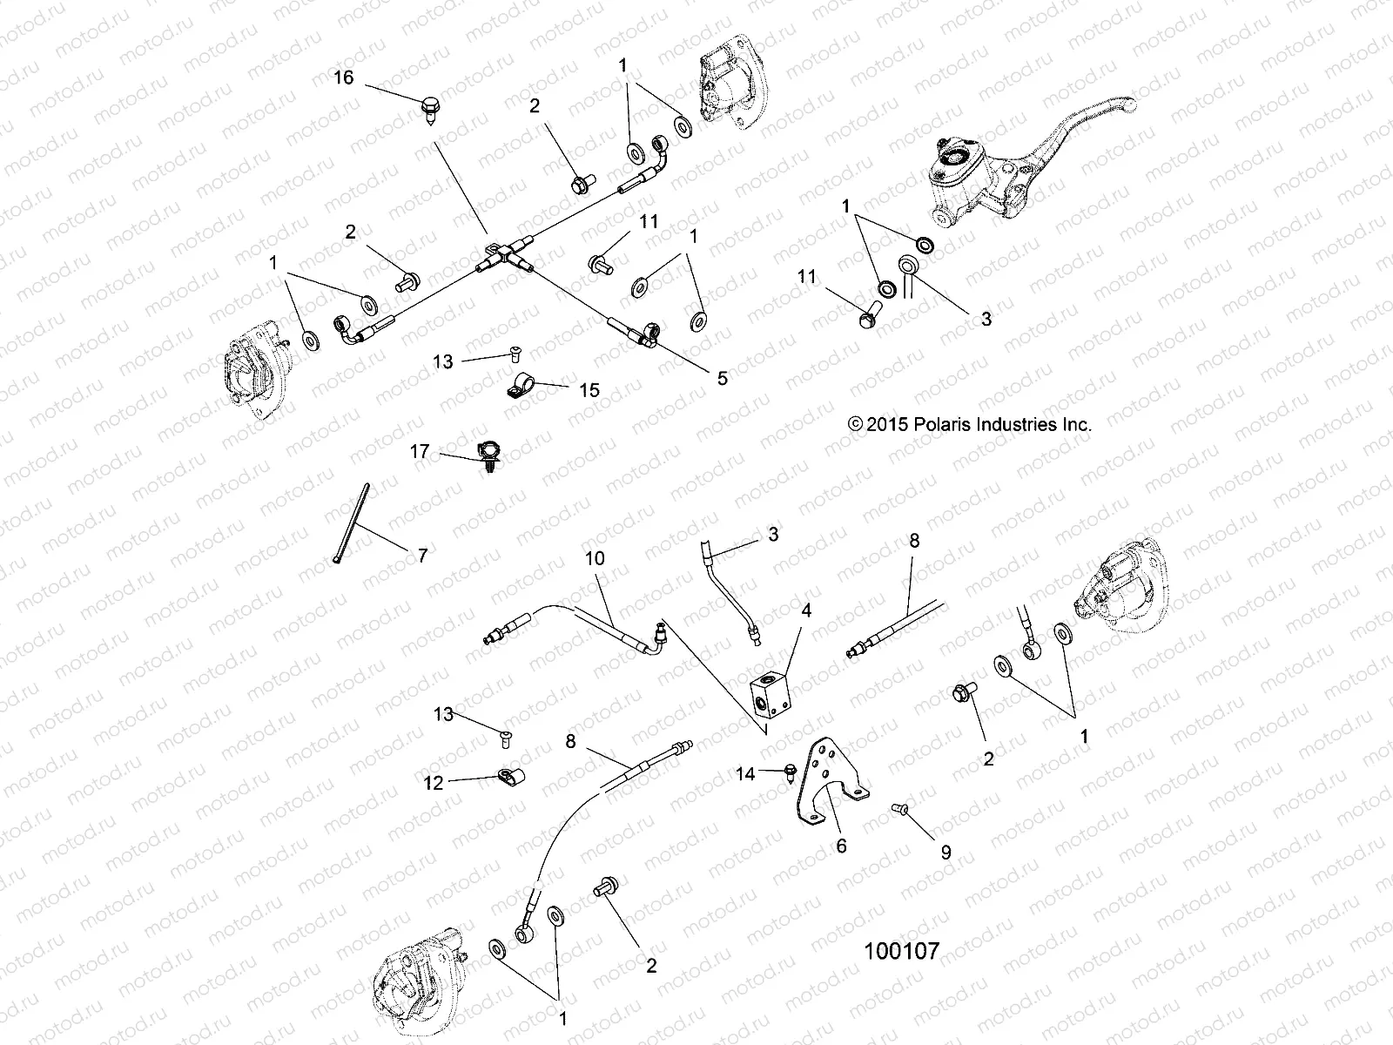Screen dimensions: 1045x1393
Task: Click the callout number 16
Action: coord(344,78)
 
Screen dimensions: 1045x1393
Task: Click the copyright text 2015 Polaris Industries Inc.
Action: coord(969,425)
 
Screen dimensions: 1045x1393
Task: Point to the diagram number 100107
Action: coord(901,950)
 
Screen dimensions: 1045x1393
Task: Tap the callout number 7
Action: coord(422,556)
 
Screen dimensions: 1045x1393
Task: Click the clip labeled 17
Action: coord(489,454)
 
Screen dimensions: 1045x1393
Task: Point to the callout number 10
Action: coord(595,558)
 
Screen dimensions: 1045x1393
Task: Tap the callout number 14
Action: coord(745,772)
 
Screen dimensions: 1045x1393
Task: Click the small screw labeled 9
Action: coord(900,811)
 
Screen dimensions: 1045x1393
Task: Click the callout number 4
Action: coord(807,611)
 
